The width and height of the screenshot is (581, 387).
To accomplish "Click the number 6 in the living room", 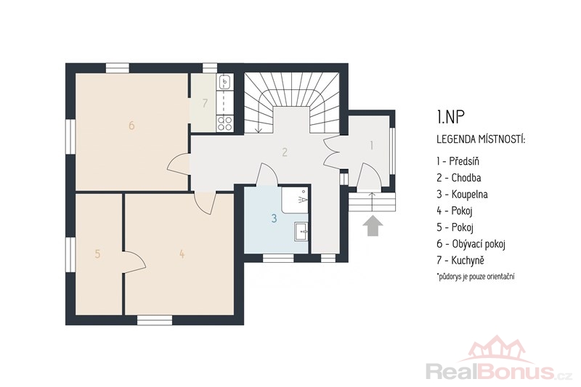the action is click(131, 126).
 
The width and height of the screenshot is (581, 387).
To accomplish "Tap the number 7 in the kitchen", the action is click(205, 103).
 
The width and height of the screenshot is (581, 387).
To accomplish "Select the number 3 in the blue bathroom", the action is click(274, 219).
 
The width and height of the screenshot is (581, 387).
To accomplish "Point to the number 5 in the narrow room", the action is click(97, 254).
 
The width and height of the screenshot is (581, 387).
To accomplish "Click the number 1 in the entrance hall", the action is click(372, 145).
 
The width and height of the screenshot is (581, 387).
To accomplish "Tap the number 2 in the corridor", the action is click(284, 152).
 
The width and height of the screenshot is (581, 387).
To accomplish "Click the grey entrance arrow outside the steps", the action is click(373, 226).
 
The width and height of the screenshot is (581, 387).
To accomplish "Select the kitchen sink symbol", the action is click(225, 82).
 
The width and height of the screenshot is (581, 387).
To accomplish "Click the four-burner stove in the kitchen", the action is click(225, 123).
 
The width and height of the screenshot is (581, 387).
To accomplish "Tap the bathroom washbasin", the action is click(301, 232).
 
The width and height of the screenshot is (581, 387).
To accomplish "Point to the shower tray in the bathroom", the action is click(295, 200).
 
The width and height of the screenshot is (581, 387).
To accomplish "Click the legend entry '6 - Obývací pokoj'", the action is click(471, 244).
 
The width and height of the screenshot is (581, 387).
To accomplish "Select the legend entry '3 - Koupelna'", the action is click(462, 195).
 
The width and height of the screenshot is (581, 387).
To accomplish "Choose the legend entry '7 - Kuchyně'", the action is click(460, 261).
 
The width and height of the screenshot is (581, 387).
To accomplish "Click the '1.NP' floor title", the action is click(450, 117).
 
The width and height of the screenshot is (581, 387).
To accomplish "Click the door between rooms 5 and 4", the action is click(134, 262).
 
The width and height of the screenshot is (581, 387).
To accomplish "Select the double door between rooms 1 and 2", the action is click(332, 152).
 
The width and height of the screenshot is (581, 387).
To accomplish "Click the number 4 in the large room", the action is click(182, 254).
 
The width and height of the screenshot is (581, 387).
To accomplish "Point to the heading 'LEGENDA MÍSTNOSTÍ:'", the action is click(481, 139).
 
